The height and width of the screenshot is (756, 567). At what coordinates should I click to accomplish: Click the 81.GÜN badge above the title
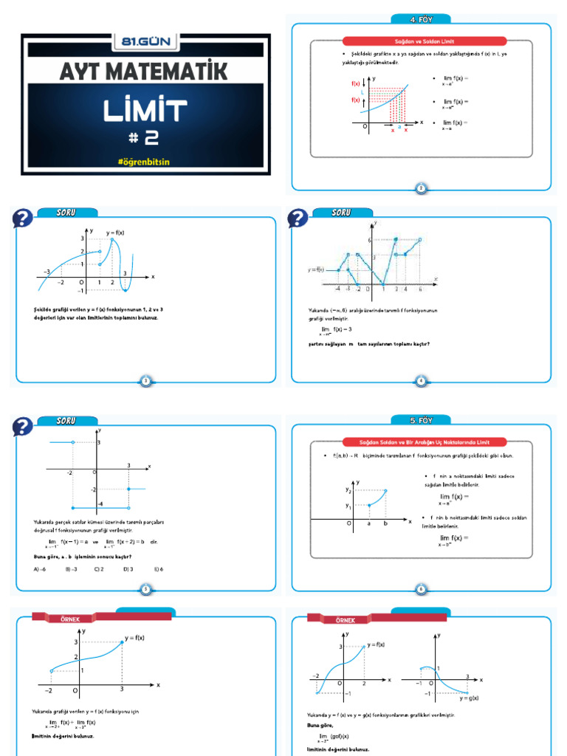pyautogui.click(x=145, y=42)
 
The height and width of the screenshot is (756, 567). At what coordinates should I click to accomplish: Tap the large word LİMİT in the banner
pyautogui.click(x=145, y=111)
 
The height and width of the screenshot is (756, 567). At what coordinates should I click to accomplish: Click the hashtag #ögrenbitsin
pyautogui.click(x=145, y=160)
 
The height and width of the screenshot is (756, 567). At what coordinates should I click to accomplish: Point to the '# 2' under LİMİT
pyautogui.click(x=145, y=137)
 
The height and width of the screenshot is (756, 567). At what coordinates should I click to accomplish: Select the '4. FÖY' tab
pyautogui.click(x=422, y=19)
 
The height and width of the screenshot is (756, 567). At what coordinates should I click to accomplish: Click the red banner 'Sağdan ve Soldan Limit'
pyautogui.click(x=422, y=41)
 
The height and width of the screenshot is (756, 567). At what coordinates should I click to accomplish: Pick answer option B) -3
pyautogui.click(x=71, y=569)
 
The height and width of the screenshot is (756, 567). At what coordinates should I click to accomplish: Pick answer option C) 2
pyautogui.click(x=99, y=569)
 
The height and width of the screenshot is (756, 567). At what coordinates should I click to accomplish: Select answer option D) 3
pyautogui.click(x=128, y=569)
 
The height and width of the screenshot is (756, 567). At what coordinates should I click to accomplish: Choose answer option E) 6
pyautogui.click(x=158, y=569)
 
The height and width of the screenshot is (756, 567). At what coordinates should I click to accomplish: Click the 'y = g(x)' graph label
pyautogui.click(x=469, y=698)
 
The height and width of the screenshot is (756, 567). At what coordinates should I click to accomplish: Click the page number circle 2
pyautogui.click(x=421, y=188)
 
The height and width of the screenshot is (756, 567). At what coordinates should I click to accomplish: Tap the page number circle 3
pyautogui.click(x=145, y=381)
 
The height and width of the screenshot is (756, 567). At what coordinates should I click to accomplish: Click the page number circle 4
pyautogui.click(x=421, y=381)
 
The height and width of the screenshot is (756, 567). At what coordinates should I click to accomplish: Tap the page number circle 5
pyautogui.click(x=145, y=589)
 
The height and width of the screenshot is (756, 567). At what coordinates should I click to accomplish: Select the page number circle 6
pyautogui.click(x=421, y=589)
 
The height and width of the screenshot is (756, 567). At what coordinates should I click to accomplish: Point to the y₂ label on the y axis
pyautogui.click(x=348, y=489)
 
